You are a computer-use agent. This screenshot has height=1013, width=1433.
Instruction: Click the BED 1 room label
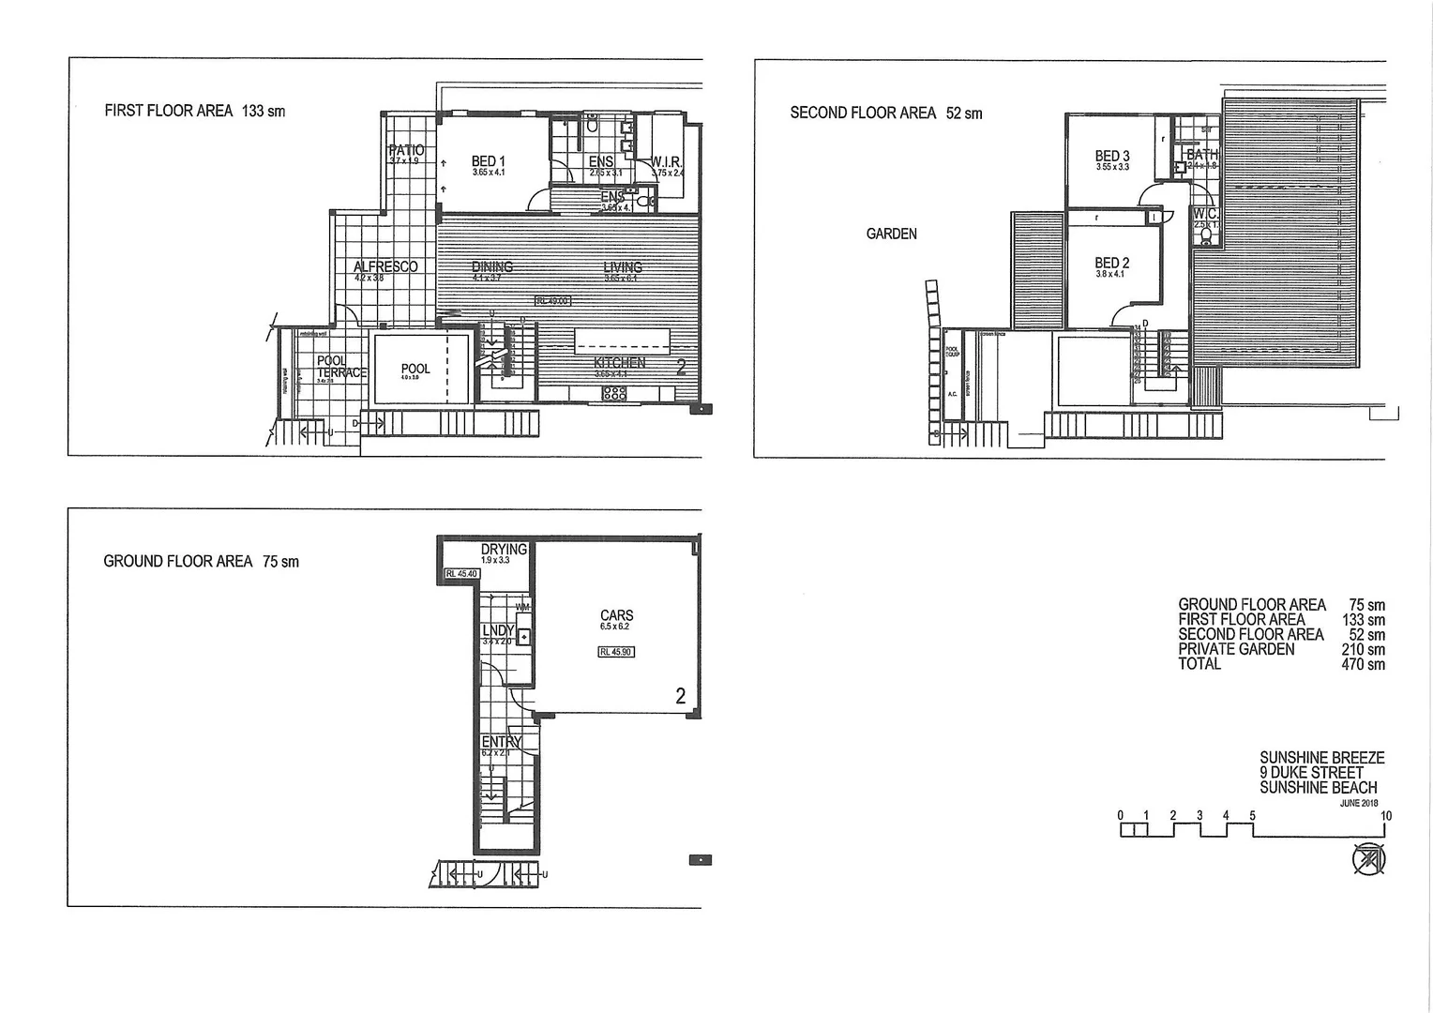click(x=488, y=161)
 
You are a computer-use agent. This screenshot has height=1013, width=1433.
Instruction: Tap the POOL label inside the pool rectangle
click(x=415, y=369)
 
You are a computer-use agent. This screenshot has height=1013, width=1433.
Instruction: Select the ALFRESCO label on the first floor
click(x=385, y=267)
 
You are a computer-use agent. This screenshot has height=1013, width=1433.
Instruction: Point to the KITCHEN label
click(x=619, y=363)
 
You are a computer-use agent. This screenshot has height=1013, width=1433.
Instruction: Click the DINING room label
click(x=492, y=267)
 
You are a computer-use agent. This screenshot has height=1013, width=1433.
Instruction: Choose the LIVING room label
click(x=623, y=267)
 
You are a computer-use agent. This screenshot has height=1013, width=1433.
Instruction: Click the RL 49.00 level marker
click(x=552, y=301)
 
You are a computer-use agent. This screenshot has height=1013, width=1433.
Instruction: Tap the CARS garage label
click(x=616, y=615)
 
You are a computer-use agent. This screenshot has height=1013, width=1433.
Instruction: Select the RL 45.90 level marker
click(x=616, y=652)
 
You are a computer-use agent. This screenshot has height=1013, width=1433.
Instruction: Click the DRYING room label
click(x=504, y=549)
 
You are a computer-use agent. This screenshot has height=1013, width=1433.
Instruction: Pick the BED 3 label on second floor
click(x=1112, y=156)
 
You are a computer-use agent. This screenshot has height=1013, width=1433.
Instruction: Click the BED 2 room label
click(x=1112, y=264)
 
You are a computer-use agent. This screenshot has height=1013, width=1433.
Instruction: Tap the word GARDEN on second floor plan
click(x=891, y=234)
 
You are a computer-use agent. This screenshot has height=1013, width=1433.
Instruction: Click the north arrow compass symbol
click(x=1367, y=859)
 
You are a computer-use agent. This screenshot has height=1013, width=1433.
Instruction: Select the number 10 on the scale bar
click(x=1386, y=816)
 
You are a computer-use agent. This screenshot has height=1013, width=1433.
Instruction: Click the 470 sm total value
click(x=1363, y=664)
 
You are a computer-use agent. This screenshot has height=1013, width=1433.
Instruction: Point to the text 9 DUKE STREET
click(x=1311, y=773)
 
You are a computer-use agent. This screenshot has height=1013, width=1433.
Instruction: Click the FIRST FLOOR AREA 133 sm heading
click(x=195, y=111)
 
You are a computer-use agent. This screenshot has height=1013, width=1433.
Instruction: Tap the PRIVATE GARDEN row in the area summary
click(x=1236, y=649)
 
